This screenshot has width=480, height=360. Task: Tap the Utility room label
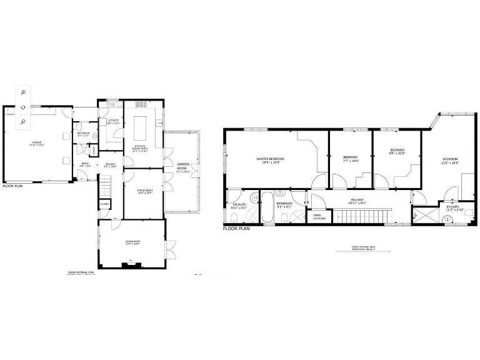(x=114, y=121)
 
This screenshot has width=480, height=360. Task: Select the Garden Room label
(x=182, y=166)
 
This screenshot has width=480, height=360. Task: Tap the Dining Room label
(x=144, y=191)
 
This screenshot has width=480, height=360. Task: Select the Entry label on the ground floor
(x=86, y=165)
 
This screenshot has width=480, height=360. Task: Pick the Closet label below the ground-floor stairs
(x=104, y=204)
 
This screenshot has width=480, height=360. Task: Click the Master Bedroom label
(x=271, y=160)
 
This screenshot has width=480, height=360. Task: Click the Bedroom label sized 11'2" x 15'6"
(x=449, y=161)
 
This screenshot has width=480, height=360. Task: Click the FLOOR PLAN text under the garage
(x=14, y=186)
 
